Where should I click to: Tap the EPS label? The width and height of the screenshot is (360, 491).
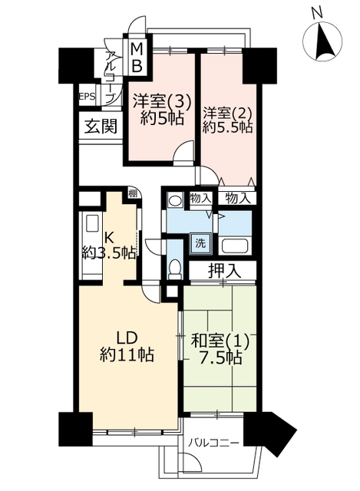tap(87, 96)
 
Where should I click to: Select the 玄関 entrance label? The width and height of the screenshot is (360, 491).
tap(101, 127)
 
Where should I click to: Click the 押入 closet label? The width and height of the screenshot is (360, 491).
tap(225, 271)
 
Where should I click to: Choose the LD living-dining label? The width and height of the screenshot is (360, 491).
tap(127, 338)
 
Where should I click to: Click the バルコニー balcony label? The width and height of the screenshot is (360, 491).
tap(214, 443)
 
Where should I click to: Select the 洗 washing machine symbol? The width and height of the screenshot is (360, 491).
tap(201, 243)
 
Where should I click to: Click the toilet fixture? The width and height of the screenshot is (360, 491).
tap(175, 269)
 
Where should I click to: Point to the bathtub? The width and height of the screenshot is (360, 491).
tap(235, 245)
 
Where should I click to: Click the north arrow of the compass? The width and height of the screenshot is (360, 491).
tap(322, 43)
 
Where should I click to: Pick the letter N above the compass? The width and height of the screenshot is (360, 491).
tap(317, 12)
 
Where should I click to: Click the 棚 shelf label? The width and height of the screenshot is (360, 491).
tap(133, 193)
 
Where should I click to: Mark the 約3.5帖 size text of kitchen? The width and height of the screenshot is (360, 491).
tap(109, 252)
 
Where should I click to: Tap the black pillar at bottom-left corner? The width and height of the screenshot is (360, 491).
tap(75, 430)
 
